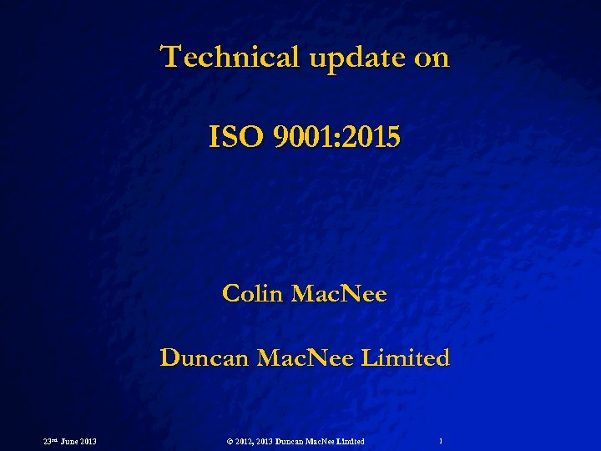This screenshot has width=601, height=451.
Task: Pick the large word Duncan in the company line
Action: (203, 357)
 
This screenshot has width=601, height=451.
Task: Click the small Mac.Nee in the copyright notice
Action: (323, 440)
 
